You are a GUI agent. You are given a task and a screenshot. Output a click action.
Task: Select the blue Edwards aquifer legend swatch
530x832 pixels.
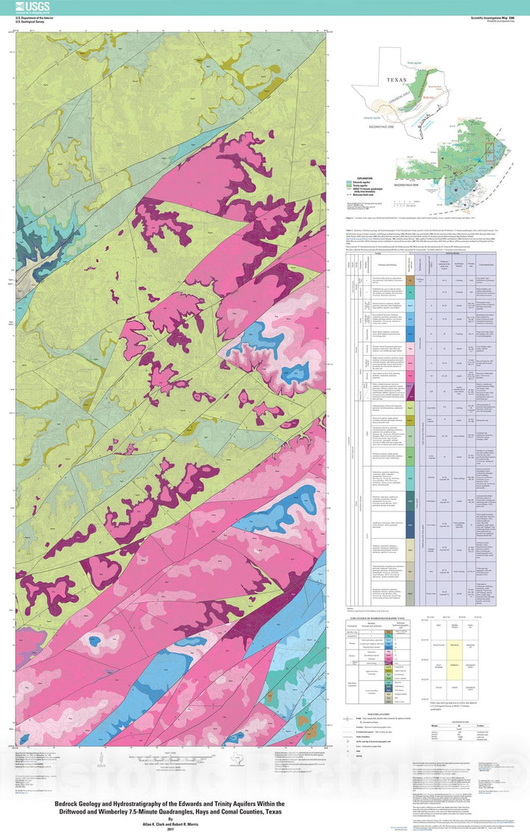click(x=350, y=182)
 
